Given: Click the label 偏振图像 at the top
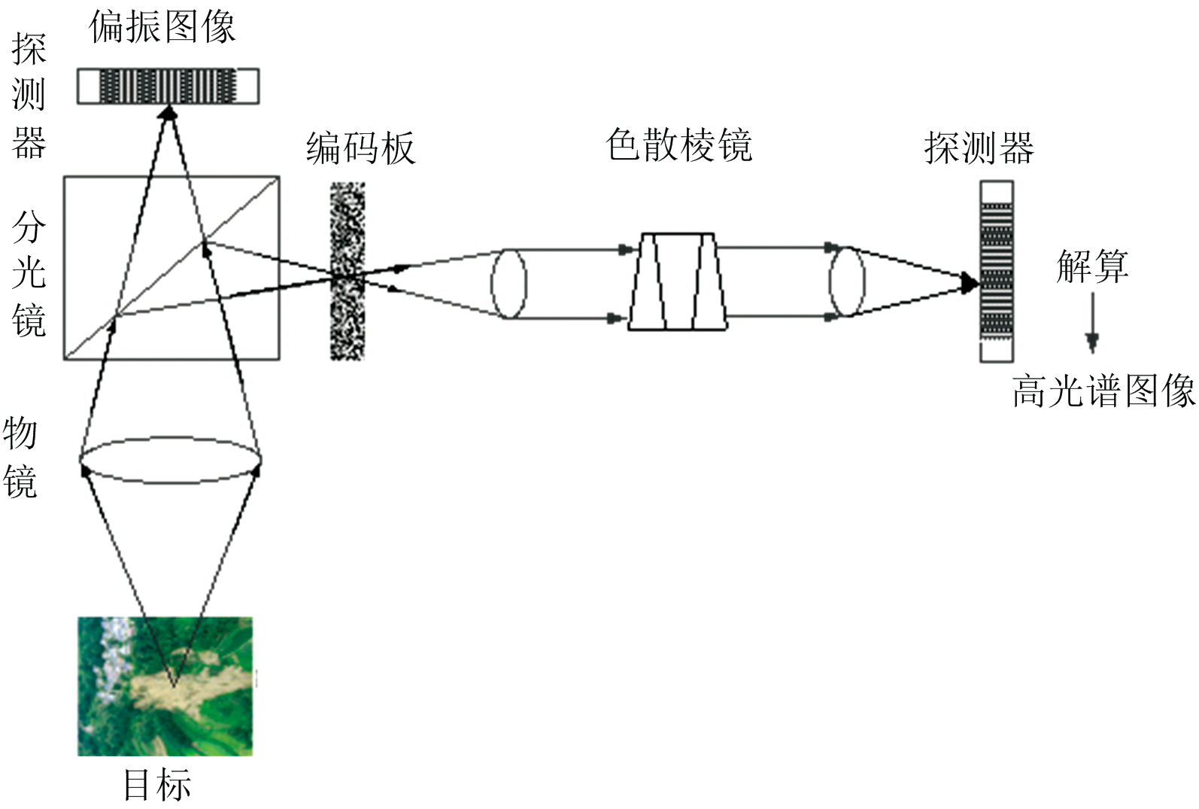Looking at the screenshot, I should click(162, 27).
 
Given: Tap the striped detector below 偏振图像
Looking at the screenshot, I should click(168, 86).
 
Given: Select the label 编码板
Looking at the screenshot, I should click(360, 148).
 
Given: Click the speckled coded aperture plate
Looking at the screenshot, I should click(348, 272).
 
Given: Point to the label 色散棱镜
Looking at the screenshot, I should click(678, 144).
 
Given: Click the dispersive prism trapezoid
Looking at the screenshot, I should click(678, 282).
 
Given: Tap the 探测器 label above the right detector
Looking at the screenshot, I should click(979, 148).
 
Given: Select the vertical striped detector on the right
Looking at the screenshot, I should click(996, 272).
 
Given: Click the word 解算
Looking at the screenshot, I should click(1092, 266).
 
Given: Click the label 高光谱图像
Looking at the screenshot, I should click(1103, 391).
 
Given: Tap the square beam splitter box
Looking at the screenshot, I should click(172, 268).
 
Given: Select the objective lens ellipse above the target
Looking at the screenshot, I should click(171, 460).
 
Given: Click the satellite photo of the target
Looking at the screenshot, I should click(165, 686).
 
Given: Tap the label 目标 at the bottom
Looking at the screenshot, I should click(157, 785).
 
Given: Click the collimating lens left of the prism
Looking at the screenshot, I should click(508, 284).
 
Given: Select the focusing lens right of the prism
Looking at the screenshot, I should click(846, 281).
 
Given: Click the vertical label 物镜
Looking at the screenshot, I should click(20, 457).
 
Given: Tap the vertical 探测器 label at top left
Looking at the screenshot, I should click(29, 96).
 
